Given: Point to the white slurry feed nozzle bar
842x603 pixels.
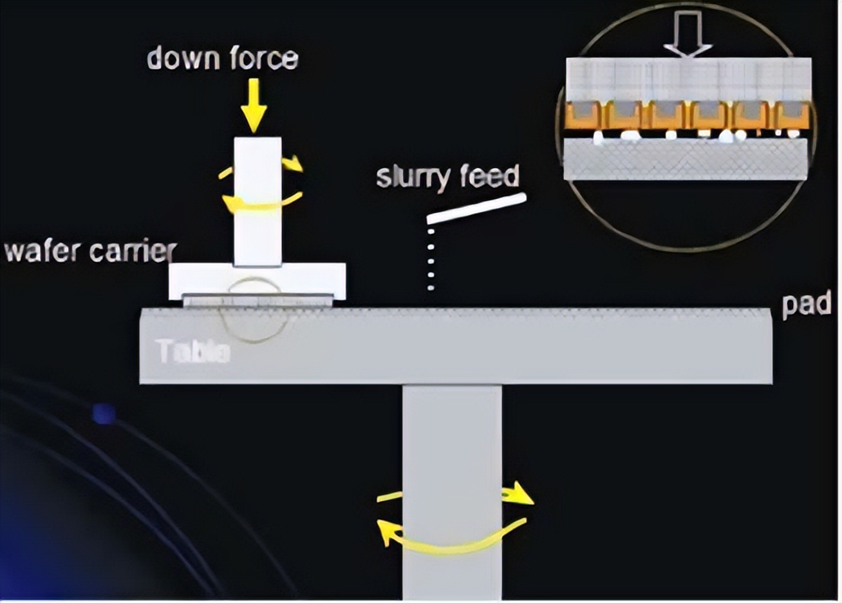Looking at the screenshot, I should (x=476, y=209).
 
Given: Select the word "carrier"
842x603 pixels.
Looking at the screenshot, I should (x=132, y=251).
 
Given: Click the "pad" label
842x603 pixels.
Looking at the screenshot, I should (x=806, y=304).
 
